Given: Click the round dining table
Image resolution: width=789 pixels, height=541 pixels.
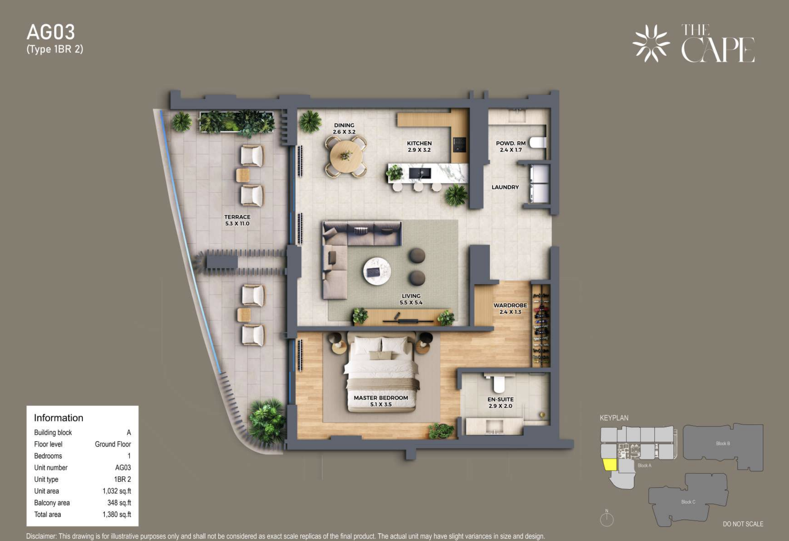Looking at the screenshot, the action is pos(346,156).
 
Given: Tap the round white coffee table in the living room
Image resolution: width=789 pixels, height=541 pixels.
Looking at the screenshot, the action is pos(377,271).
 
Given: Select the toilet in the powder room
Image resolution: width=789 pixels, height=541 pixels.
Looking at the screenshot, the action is pos(538,143).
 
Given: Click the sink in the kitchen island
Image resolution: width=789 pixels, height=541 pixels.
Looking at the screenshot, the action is pos(420,173).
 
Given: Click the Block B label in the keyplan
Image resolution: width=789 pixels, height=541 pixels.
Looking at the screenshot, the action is pos(723,443).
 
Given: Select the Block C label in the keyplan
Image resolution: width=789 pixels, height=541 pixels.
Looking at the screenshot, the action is pos(688,502).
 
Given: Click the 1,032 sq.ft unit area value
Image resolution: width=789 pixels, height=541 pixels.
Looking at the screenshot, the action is pos(117,491).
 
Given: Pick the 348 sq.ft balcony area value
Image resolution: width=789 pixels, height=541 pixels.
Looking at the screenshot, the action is pos(119,503).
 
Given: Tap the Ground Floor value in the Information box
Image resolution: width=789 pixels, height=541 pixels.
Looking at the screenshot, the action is pos(113,444).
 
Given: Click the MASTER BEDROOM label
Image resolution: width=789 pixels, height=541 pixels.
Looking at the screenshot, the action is pos(381,398).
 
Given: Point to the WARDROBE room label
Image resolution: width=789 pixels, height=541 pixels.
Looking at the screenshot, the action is pos(510,305).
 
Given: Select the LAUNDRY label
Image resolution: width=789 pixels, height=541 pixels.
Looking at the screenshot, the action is pos(505,187).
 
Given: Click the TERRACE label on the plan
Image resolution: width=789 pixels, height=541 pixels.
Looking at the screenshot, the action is pos(237,217).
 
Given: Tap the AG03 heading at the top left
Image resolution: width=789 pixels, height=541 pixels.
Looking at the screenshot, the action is pos(51,32).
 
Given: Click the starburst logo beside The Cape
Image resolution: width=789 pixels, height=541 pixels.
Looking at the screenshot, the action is pos(651,43).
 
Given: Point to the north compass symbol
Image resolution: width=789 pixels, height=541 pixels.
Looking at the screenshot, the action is pos(607,518).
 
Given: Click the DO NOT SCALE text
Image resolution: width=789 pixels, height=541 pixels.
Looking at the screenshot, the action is pos(743,524).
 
